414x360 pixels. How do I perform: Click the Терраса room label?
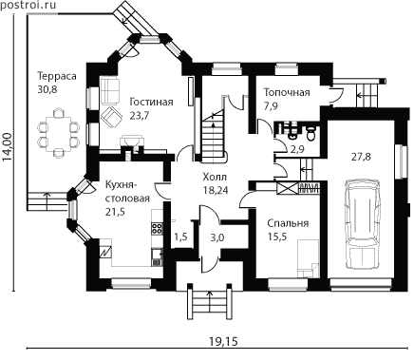pos(57,76)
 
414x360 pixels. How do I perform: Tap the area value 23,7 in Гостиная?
pos(140,116)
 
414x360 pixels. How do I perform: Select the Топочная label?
pos(287,92)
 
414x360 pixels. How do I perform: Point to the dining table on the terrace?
pos(58,133)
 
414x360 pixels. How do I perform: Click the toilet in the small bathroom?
pos(311,133)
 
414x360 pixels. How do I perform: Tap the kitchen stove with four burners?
pos(158,229)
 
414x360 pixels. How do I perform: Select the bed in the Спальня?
pos(308,258)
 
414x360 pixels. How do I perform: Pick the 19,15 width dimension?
pos(223,341)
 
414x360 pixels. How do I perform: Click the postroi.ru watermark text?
pos(28,5)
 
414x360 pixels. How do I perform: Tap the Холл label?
pos(216,177)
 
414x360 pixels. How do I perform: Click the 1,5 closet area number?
pos(181,237)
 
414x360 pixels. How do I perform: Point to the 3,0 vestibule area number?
pos(217,237)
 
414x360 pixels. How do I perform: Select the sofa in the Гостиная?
pos(110,91)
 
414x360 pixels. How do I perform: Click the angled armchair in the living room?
pos(112,117)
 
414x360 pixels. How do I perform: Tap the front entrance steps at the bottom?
pos(209,302)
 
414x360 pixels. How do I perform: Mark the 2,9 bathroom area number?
pos(297,149)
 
